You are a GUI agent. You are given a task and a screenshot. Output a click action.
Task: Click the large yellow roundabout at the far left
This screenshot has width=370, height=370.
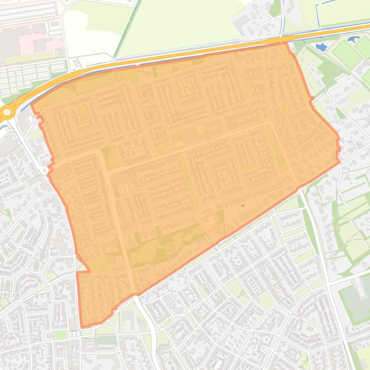(x=7, y=112)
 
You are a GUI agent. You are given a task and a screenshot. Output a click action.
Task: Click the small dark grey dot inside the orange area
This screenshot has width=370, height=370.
(x=242, y=206)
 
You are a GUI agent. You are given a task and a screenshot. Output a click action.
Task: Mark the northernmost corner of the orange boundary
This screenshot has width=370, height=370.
(x=284, y=43)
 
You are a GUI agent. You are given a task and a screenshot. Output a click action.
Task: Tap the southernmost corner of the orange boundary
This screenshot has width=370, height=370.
(x=82, y=327)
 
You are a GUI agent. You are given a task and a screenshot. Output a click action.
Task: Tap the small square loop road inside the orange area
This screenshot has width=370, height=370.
(x=88, y=251)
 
